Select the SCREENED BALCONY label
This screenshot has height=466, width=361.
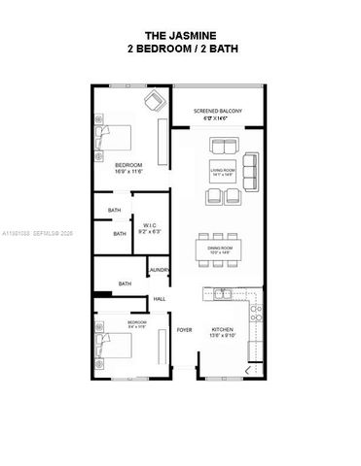[x=216, y=112]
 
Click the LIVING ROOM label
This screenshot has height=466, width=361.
[x=223, y=170]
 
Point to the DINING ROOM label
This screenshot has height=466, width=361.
[x=221, y=249]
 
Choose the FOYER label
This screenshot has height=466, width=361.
[x=184, y=330]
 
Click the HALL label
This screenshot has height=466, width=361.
[x=160, y=299]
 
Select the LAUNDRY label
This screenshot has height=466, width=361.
[x=160, y=269]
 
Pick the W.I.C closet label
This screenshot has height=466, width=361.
[x=149, y=228]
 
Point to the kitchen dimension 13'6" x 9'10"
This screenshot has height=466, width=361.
[x=223, y=337]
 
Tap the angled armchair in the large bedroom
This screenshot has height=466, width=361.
[x=155, y=101]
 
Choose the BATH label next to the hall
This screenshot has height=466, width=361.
[x=125, y=283]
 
